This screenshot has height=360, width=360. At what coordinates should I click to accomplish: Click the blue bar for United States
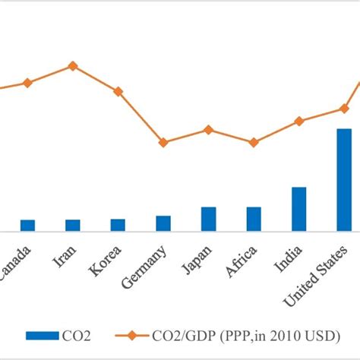344,180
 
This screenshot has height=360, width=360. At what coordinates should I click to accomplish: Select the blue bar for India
298,209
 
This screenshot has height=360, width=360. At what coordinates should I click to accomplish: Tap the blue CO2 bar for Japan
208,219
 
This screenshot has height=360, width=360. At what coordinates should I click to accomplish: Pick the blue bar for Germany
163,223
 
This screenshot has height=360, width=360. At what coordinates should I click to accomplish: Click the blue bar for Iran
73,225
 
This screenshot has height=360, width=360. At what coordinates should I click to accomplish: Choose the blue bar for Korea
118,224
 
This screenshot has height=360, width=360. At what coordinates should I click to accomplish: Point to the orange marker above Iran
73,65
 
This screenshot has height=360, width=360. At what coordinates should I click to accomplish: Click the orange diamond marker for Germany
163,142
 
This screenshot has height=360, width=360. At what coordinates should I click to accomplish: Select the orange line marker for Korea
118,91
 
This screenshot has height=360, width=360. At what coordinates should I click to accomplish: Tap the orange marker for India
298,121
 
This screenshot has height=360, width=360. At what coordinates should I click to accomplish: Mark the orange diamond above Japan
208,129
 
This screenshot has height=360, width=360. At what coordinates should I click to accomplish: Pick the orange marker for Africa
253,142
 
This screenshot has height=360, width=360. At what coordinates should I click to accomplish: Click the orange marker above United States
344,108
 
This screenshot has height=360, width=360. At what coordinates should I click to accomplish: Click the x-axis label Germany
149,267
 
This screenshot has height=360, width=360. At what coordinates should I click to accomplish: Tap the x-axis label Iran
65,257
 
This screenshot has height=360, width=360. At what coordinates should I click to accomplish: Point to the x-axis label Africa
242,262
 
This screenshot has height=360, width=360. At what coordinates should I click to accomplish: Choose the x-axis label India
289,259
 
